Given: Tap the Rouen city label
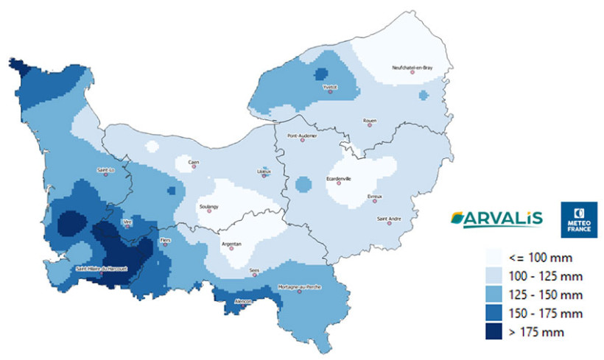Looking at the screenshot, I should click(370, 120).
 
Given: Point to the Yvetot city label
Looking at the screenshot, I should click(330, 87).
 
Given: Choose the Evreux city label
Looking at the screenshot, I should click(373, 197).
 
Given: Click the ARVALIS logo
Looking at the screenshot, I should click(496, 217).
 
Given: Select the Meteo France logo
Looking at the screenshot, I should click(578, 219).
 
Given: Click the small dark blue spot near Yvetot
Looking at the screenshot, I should click(320, 73).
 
